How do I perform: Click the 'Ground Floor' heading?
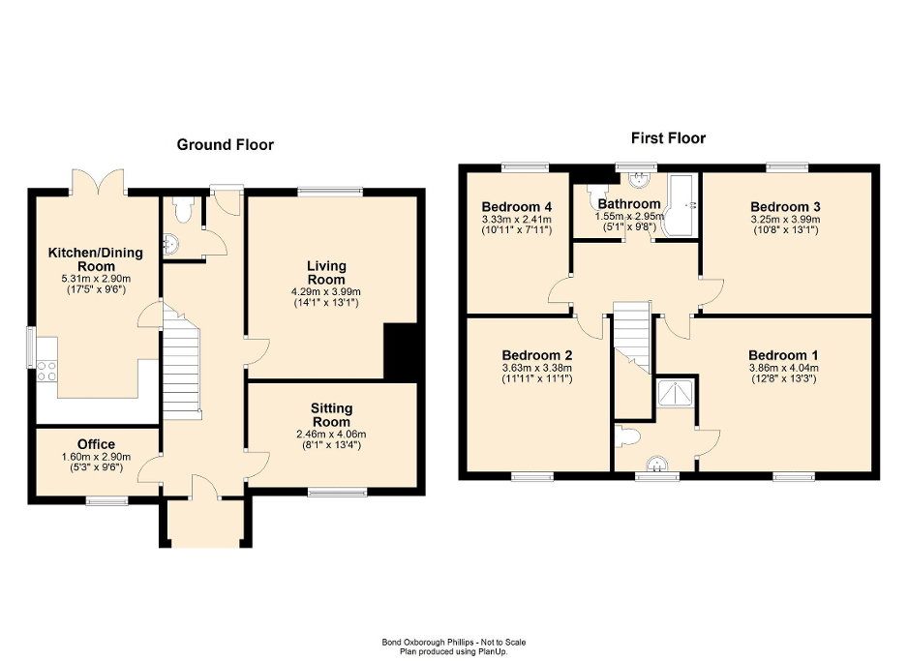tap(225, 145)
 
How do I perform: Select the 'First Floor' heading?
tap(668, 138)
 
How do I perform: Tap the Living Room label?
tap(326, 272)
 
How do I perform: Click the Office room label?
tap(97, 445)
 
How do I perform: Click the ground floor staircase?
tap(181, 368)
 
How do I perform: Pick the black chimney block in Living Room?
tap(400, 350)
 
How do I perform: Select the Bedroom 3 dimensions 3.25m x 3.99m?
tap(784, 220)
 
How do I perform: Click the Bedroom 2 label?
tap(536, 354)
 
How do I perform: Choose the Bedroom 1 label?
tap(783, 354)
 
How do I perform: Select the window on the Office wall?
tap(106, 500)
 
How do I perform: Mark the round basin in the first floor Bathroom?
tap(638, 179)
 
